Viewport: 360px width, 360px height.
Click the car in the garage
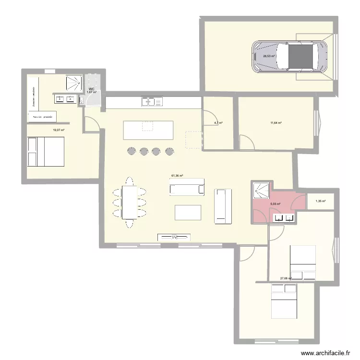290,56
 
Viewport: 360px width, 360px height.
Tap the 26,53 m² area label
269,56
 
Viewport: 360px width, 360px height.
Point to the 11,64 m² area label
276,123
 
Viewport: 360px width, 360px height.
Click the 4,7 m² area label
218,123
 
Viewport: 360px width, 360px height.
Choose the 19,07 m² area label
59,130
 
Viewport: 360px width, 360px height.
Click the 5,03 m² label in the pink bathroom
275,204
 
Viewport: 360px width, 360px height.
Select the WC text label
91,89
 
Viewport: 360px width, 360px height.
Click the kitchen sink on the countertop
152,102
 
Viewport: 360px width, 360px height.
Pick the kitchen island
148,130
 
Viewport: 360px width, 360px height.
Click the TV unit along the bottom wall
174,237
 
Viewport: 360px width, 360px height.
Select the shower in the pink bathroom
260,190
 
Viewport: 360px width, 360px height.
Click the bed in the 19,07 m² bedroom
46,152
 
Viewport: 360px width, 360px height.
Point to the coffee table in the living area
188,212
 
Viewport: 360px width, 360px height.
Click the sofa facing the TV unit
187,187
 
